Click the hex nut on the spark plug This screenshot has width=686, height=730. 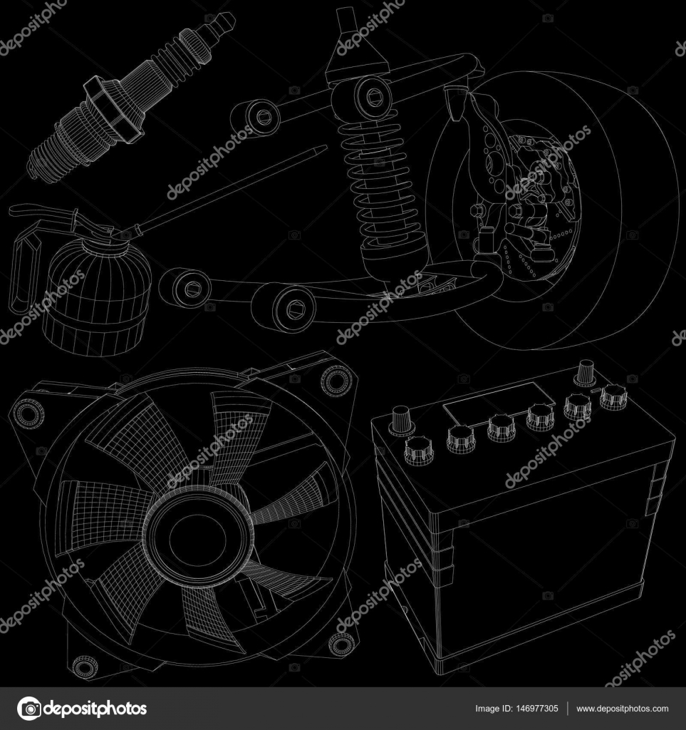tap(107, 107)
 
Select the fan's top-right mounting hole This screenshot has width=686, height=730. tap(336, 380)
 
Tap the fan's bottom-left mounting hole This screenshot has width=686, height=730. tap(85, 666)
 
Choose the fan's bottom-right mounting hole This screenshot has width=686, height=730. tap(342, 644)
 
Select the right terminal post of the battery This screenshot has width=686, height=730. tap(586, 371)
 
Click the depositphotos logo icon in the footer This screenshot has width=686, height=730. tap(29, 709)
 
